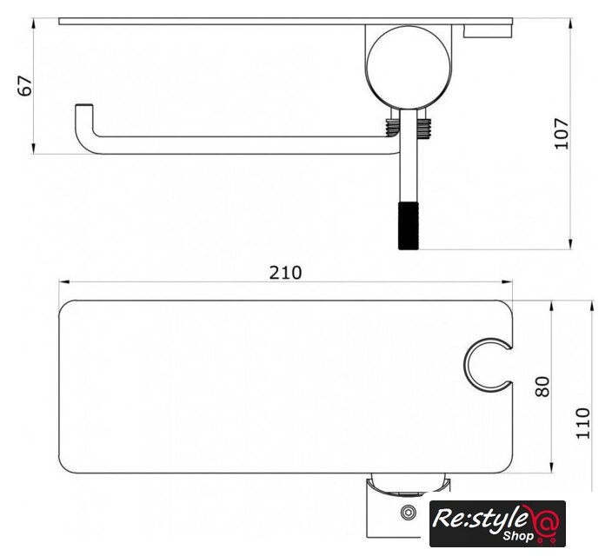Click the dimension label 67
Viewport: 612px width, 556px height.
coord(24,86)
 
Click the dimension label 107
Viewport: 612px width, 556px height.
coord(562,134)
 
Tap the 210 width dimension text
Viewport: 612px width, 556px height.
coord(285,273)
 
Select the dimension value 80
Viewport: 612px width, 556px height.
coord(542,387)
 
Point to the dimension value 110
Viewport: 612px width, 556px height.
coord(583,423)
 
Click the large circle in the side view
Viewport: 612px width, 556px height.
coord(409,68)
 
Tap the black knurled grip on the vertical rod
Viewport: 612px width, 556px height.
coord(409,226)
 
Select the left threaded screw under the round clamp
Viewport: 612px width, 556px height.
coord(392,127)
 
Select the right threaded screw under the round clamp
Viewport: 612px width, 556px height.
coord(423,129)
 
